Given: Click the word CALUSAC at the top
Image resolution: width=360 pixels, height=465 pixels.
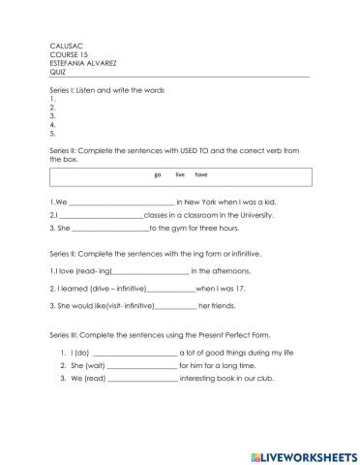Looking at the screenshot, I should click(63, 46).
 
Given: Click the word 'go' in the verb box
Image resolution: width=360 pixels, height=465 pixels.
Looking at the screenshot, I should click(157, 175).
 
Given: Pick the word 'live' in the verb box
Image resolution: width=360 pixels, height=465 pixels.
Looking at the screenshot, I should click(179, 175).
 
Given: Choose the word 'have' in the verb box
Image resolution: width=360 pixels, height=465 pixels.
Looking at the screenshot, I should click(201, 175).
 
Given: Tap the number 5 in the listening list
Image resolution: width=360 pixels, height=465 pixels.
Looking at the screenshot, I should click(50, 135).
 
